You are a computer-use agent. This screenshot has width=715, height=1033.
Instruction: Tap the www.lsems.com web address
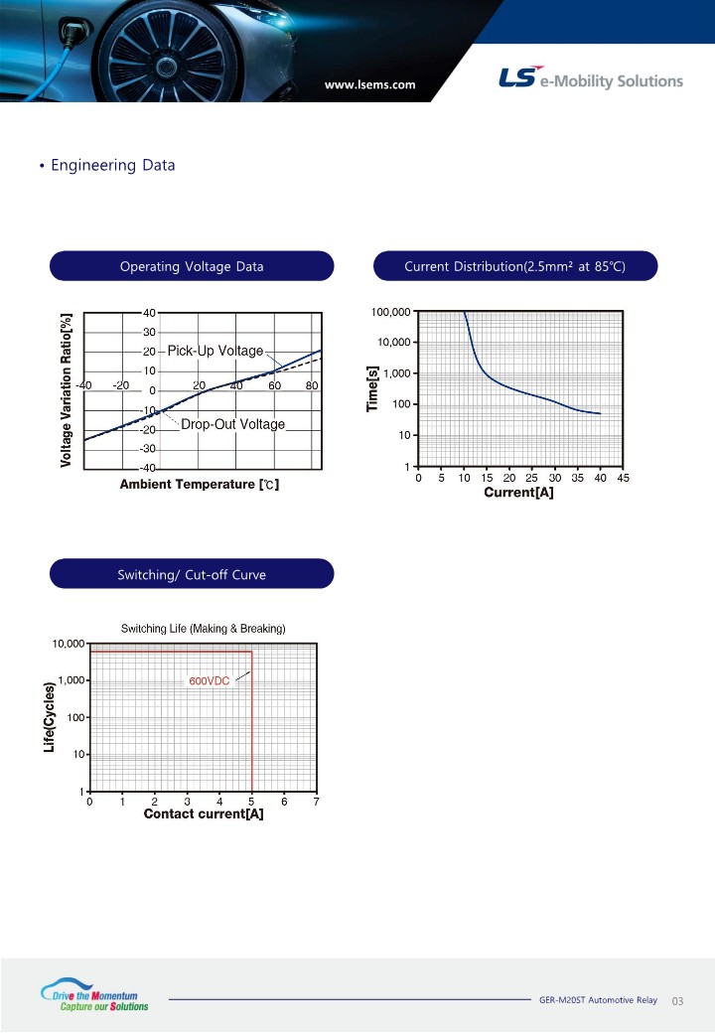(x=370, y=84)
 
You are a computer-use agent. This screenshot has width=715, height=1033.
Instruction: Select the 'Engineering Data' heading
(x=112, y=165)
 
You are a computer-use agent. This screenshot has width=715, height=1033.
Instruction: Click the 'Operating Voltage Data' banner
(x=192, y=266)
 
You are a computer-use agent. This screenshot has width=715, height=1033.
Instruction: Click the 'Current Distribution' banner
(x=514, y=266)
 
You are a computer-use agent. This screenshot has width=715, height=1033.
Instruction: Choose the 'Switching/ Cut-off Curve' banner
(x=192, y=574)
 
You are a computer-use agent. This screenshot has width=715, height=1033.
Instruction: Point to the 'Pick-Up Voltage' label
(x=215, y=351)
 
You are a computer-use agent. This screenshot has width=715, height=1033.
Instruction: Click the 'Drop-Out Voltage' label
(x=233, y=424)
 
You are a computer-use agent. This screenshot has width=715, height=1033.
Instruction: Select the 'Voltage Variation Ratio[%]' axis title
(x=66, y=390)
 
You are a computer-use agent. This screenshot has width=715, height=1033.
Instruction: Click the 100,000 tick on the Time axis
(x=391, y=312)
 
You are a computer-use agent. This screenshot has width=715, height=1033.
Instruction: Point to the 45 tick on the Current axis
(x=623, y=479)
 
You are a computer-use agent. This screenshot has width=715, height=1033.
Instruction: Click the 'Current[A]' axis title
(x=518, y=493)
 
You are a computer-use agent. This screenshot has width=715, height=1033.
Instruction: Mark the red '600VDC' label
(x=210, y=681)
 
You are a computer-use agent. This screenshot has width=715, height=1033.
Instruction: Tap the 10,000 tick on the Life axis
(x=69, y=644)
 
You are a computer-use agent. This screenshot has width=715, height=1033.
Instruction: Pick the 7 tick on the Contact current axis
(x=317, y=802)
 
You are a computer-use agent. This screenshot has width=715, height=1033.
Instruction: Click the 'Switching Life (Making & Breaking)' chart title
(x=203, y=629)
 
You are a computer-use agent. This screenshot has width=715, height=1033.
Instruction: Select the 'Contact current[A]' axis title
(x=204, y=814)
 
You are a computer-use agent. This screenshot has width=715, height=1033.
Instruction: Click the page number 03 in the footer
(x=677, y=1001)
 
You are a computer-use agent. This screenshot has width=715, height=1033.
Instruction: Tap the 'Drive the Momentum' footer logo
(x=94, y=995)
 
